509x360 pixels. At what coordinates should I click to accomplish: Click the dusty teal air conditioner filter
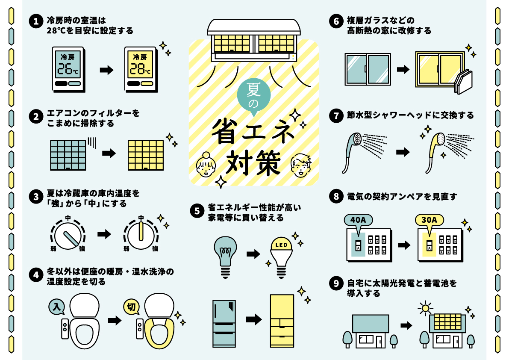pos(68,154)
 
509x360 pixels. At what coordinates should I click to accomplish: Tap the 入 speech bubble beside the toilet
pos(57,306)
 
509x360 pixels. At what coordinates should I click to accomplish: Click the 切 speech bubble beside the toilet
pos(131,306)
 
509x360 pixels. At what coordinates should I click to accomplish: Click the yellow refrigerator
pos(282,320)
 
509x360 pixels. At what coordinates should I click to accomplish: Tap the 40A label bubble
pos(358,221)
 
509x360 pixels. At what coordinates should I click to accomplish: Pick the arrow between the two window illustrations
pos(403,69)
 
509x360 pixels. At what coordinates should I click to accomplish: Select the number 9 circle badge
pos(336,284)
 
